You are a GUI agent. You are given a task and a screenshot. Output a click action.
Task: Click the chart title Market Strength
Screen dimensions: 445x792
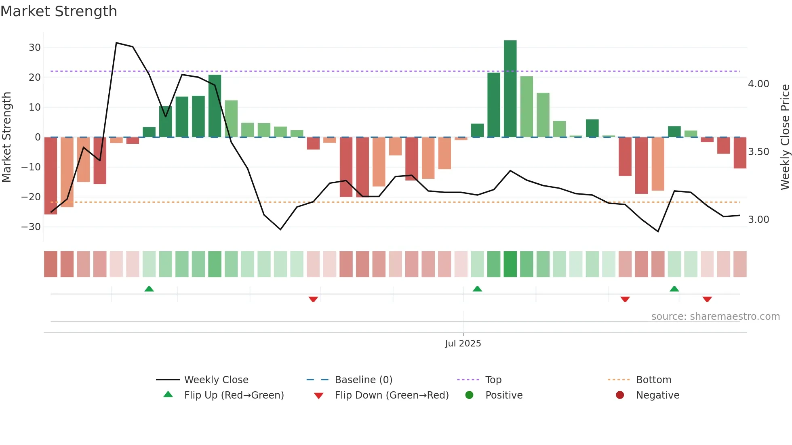tap(59, 11)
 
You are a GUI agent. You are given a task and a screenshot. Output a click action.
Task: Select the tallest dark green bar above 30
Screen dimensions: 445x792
tap(510, 89)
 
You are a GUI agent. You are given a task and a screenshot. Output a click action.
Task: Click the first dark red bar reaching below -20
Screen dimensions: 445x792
tap(51, 176)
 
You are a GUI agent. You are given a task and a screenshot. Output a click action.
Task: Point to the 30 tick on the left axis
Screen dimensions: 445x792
tap(35, 48)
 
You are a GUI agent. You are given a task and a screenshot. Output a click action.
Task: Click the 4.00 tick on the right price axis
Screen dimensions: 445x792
tap(758, 84)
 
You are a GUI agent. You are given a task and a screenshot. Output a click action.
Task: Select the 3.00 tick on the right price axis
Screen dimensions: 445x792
tap(758, 220)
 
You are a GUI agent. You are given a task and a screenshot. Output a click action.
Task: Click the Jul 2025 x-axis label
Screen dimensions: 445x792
tap(463, 344)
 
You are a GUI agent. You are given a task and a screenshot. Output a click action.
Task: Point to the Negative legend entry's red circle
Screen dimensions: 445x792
tap(620, 395)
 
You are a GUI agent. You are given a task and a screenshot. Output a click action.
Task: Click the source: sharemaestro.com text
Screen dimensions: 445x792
tap(715, 317)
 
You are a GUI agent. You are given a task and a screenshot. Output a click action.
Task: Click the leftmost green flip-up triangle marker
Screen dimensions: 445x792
tap(149, 289)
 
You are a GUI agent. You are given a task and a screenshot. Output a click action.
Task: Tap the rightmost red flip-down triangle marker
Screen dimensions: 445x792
tap(707, 299)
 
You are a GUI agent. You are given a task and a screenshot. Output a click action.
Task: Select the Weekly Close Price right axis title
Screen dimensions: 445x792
tap(785, 137)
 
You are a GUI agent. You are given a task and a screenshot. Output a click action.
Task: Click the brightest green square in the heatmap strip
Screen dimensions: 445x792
tap(510, 264)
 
